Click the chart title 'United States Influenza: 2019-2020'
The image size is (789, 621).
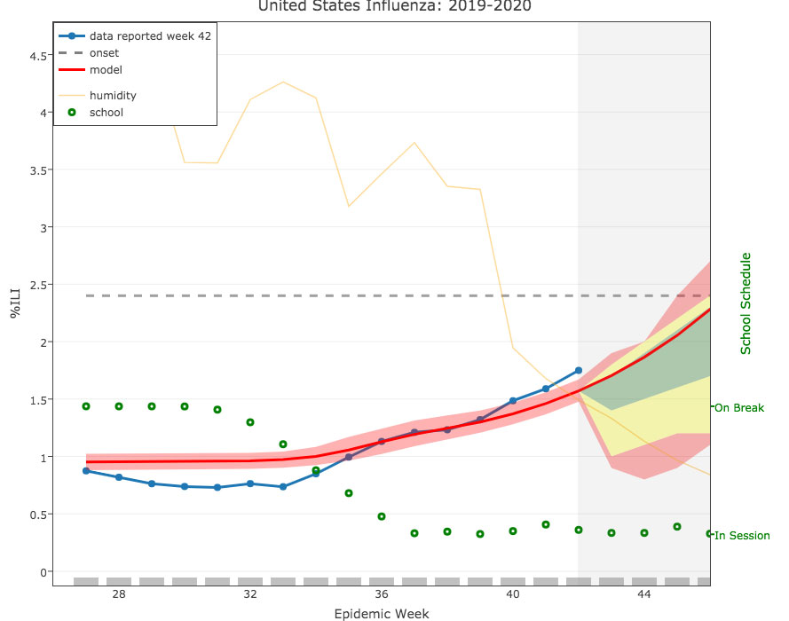(395, 8)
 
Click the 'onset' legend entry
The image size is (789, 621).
(104, 53)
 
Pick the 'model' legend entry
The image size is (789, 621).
(106, 69)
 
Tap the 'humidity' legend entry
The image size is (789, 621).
(113, 95)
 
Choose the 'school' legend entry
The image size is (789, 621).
(106, 113)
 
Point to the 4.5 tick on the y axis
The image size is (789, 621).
(39, 56)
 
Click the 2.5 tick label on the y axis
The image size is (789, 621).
(39, 285)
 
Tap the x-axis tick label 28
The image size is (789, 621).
(119, 593)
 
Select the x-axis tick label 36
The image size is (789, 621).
(382, 593)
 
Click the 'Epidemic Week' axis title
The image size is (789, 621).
(382, 613)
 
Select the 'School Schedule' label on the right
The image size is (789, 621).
(746, 303)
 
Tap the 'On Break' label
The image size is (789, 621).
(738, 408)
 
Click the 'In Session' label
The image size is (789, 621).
(742, 536)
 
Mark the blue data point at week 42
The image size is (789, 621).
(579, 370)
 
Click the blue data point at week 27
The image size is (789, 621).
(86, 471)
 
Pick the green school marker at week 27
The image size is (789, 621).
(86, 406)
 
